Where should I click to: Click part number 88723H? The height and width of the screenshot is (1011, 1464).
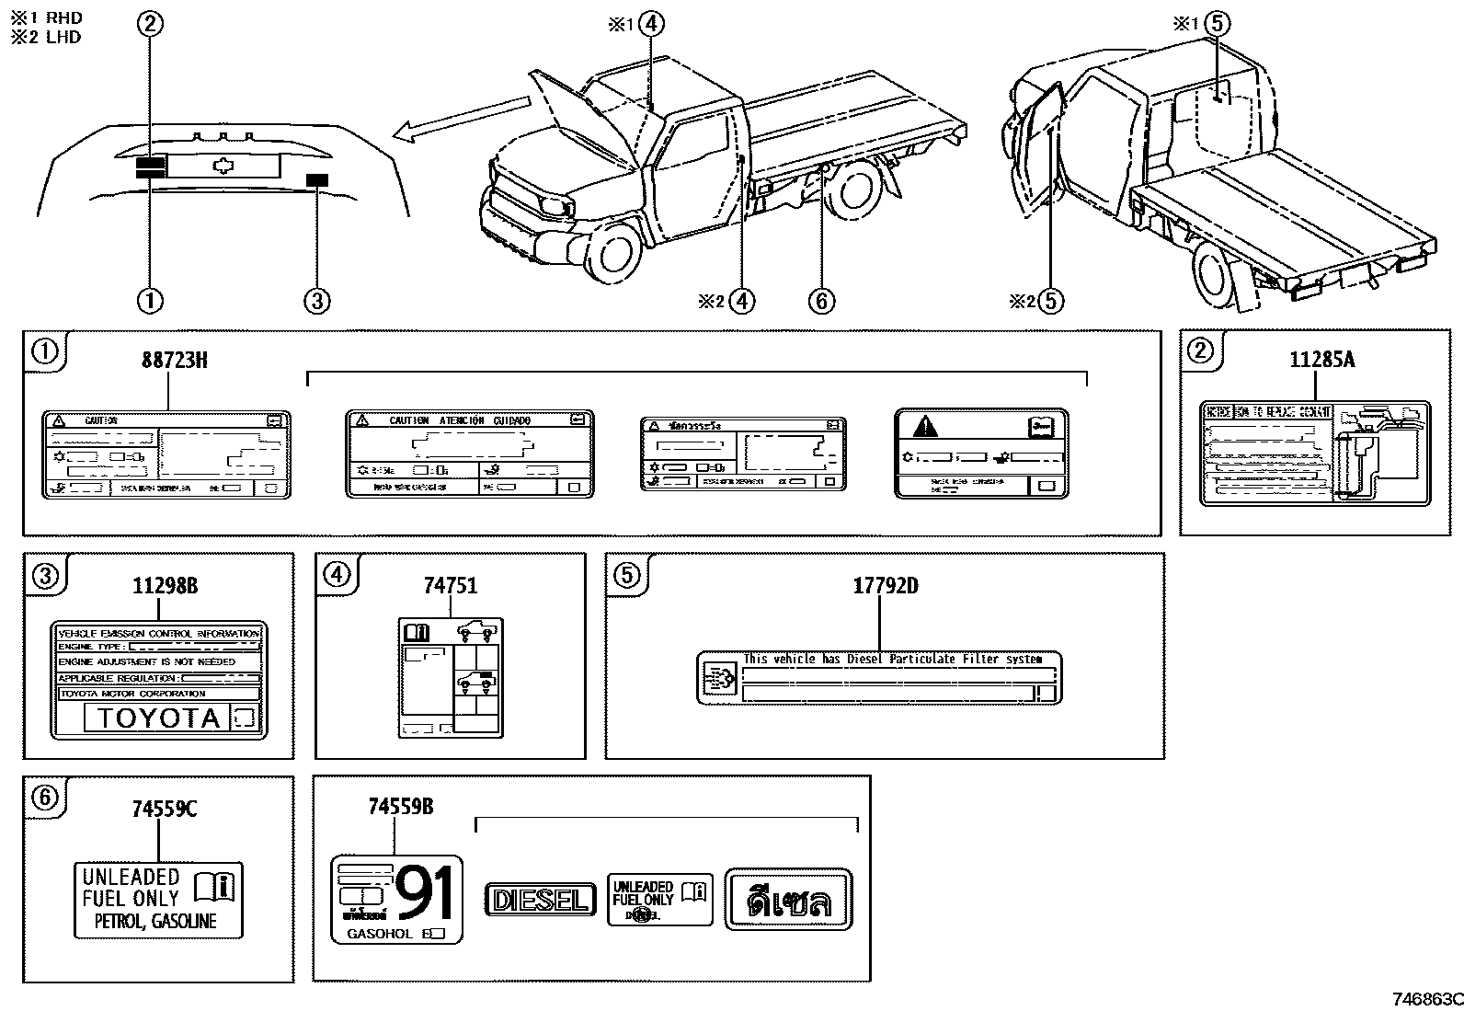coord(174,360)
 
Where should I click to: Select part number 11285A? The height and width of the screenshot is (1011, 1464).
coord(1321,360)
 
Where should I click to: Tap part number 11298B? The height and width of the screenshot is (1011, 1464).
coord(164,586)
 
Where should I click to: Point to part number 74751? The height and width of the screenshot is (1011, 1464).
coord(451,586)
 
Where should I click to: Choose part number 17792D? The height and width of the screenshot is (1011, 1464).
coord(885,586)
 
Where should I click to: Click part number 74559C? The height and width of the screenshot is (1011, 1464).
coord(164,809)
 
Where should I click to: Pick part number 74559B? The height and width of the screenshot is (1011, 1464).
coord(400,807)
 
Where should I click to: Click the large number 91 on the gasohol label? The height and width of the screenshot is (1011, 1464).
coord(424,894)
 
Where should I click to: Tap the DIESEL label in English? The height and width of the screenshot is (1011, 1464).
coord(539,900)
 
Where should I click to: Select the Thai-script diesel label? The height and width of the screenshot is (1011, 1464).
coord(788,900)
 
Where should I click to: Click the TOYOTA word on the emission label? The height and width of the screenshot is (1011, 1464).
coord(158,718)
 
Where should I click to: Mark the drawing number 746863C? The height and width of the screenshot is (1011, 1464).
coord(1424,999)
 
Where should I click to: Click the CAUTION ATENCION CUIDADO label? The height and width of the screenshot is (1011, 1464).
coord(469,454)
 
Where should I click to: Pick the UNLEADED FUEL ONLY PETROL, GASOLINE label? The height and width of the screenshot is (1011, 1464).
coord(158,900)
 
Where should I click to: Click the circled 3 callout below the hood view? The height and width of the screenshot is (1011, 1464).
coord(316,300)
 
